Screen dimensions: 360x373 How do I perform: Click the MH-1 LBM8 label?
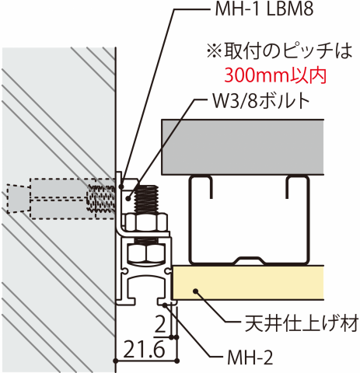click(264, 9)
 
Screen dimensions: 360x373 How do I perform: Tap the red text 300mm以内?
click(274, 75)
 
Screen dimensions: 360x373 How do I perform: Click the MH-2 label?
click(250, 357)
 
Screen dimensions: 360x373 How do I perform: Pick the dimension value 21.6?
click(144, 349)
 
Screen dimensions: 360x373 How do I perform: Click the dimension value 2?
click(160, 324)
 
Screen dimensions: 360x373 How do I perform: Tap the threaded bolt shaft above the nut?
click(146, 199)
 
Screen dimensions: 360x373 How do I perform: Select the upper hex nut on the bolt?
click(146, 222)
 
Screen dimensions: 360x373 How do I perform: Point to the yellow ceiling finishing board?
click(248, 283)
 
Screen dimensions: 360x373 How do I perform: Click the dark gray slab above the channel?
click(243, 147)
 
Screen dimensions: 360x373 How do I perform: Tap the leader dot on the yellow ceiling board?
click(196, 291)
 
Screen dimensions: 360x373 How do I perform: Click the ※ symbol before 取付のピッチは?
click(215, 51)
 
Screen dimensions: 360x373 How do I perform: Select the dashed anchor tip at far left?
click(17, 198)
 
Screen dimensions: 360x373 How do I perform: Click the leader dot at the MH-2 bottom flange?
click(165, 305)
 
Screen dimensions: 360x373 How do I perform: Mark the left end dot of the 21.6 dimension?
click(116, 361)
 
